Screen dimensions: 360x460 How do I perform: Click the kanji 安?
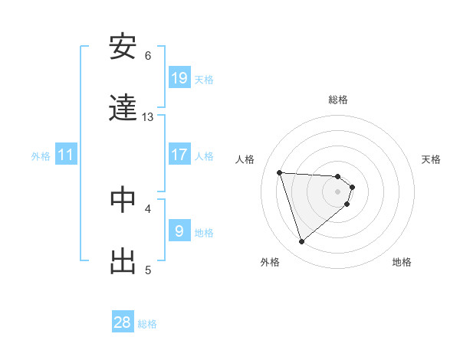click(x=123, y=47)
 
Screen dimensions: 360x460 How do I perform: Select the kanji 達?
click(x=123, y=108)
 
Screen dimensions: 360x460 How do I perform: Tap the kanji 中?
click(x=123, y=199)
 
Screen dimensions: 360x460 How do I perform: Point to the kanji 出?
click(x=123, y=261)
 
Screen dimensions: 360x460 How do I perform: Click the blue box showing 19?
click(x=179, y=78)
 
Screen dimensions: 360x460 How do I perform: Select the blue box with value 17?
click(x=179, y=155)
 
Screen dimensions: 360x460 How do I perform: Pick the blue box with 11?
click(x=66, y=155)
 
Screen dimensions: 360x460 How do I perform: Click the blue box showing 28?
click(x=123, y=322)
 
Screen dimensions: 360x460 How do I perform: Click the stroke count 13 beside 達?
click(x=148, y=117)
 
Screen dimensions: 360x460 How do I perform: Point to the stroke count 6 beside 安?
click(x=148, y=56)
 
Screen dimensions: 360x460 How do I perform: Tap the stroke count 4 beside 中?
click(x=148, y=208)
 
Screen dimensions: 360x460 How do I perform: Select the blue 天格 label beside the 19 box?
click(x=204, y=79)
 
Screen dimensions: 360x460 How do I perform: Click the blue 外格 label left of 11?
click(x=41, y=156)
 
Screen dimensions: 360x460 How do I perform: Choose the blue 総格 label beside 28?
click(x=147, y=323)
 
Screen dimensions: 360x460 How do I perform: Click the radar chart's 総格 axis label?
click(x=338, y=100)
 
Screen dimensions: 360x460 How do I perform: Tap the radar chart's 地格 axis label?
click(x=402, y=262)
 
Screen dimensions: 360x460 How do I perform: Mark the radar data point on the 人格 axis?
click(x=280, y=172)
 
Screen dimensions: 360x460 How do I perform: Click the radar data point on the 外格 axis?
click(x=301, y=242)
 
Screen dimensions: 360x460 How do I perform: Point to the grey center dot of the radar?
click(x=338, y=201)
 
